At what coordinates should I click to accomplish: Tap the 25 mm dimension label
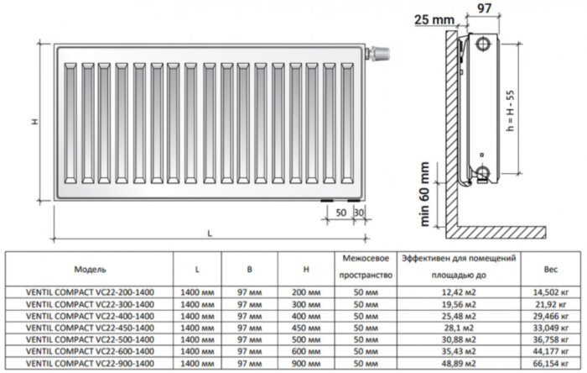[434, 19]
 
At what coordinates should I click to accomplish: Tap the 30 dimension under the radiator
[358, 213]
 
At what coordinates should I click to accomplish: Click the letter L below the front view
[209, 233]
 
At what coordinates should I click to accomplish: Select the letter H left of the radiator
[34, 122]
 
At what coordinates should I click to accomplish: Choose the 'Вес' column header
[550, 270]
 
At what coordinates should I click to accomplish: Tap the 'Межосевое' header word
[363, 259]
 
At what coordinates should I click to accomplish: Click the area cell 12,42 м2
[457, 291]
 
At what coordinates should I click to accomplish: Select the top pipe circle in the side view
[484, 44]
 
